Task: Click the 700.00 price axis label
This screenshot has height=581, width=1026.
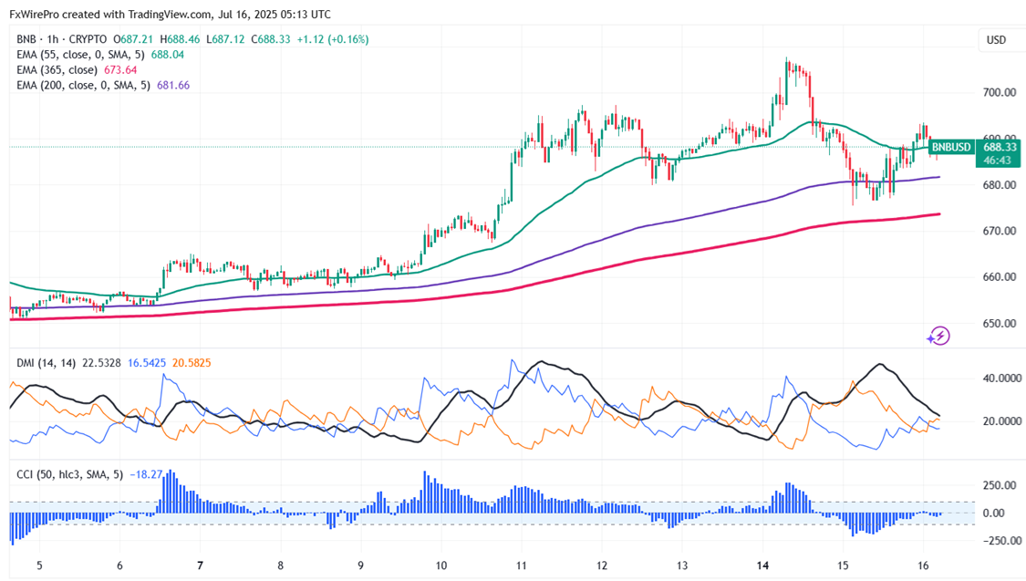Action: (x=1000, y=93)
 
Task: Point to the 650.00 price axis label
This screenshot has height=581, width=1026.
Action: (x=1000, y=324)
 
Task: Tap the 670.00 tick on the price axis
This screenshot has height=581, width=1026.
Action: (x=1000, y=232)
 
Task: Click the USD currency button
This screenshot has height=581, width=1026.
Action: (x=996, y=40)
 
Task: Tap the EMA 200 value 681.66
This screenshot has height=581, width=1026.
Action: (x=171, y=85)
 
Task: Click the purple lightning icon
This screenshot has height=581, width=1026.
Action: (x=938, y=336)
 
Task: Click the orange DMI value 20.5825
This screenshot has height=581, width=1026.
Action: (x=192, y=363)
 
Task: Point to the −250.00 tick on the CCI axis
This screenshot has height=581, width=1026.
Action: (x=1001, y=541)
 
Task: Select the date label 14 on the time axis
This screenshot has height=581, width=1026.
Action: (x=764, y=565)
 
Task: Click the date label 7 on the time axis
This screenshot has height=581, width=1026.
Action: (x=200, y=565)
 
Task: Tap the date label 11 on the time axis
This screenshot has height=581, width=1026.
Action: (x=521, y=565)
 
